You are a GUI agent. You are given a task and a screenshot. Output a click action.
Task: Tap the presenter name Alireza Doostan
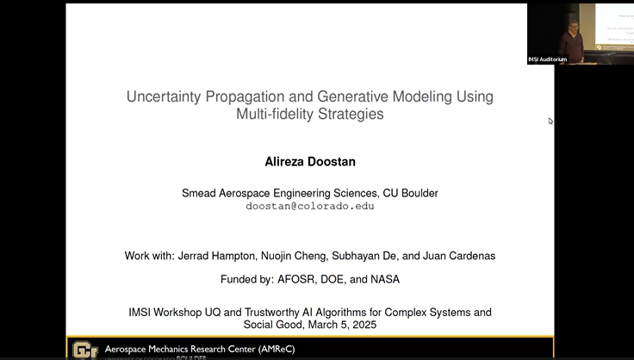309,162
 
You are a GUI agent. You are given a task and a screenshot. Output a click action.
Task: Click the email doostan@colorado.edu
309,207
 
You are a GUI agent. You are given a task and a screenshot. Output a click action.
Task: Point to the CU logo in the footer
84,349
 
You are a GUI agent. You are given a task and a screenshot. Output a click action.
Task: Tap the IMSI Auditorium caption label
548,59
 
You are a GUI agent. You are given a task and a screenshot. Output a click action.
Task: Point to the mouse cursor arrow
550,121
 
